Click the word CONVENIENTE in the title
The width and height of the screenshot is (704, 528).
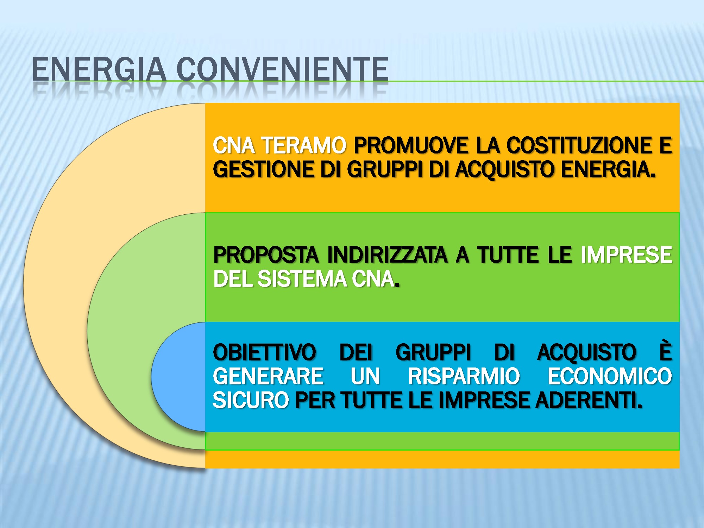(282, 69)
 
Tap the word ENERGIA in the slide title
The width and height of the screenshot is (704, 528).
(99, 69)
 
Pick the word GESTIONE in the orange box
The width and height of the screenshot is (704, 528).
(263, 169)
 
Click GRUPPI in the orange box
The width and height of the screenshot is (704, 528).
(384, 170)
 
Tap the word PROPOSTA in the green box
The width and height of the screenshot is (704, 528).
(266, 255)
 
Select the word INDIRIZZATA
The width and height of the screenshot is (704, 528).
(387, 255)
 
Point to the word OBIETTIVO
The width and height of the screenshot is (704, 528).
(265, 352)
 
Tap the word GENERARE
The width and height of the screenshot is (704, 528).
(268, 376)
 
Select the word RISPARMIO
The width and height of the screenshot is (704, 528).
(464, 376)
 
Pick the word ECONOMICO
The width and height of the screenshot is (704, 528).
(610, 376)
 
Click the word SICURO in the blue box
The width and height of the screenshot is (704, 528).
(251, 401)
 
